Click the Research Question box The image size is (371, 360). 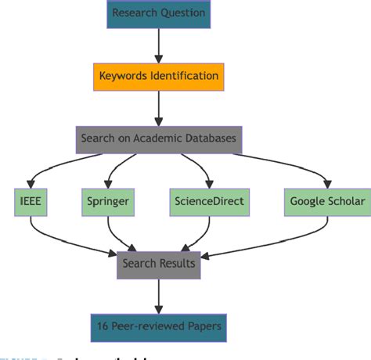click(159, 13)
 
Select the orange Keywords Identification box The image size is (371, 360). click(160, 77)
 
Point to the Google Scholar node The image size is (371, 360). click(326, 201)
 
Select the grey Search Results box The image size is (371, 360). click(159, 264)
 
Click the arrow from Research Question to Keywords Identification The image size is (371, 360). click(159, 45)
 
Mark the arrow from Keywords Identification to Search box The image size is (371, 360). click(159, 109)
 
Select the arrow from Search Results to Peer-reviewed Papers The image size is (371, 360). click(159, 296)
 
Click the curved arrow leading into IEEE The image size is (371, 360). click(39, 168)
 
